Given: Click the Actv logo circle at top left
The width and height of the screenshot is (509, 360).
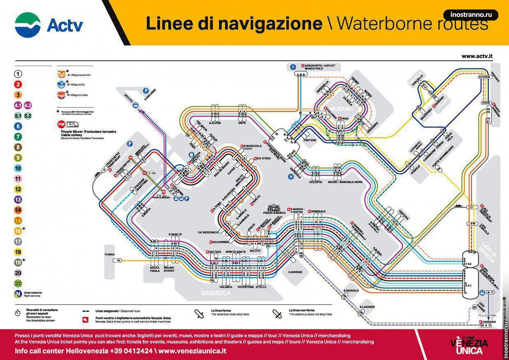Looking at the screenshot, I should pos(28,25).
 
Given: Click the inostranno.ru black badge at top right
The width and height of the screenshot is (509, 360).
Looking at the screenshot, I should pos(471,15).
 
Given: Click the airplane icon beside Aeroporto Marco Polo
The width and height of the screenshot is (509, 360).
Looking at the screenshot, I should pos(293,66).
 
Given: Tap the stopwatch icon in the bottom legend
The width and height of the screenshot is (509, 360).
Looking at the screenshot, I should pos(18,313).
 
